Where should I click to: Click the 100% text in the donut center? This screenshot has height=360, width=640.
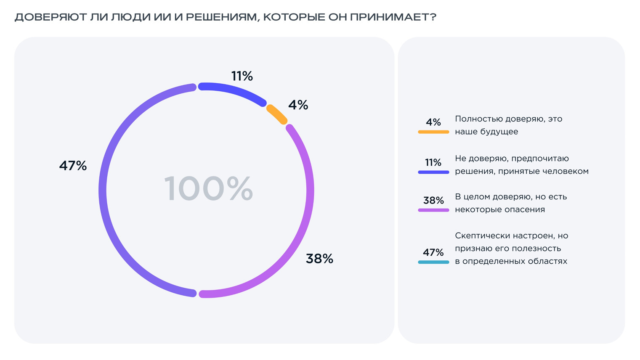click(x=208, y=189)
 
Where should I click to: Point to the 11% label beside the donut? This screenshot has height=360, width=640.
click(x=242, y=76)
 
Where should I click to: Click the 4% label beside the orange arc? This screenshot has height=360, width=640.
click(x=298, y=105)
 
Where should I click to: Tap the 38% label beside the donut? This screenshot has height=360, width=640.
click(x=319, y=259)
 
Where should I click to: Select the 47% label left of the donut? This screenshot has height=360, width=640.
click(x=73, y=166)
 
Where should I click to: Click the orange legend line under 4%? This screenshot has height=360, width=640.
click(x=433, y=132)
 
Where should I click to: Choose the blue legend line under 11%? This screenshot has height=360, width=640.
click(x=433, y=172)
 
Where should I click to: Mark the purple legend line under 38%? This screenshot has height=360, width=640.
click(x=433, y=210)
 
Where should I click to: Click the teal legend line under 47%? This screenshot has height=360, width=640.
click(x=433, y=262)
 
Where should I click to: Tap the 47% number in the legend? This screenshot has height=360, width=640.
click(x=433, y=252)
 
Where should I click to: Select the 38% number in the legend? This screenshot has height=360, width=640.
click(x=433, y=200)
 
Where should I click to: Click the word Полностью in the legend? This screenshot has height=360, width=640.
click(x=478, y=119)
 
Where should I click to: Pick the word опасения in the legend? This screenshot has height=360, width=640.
click(x=526, y=209)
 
